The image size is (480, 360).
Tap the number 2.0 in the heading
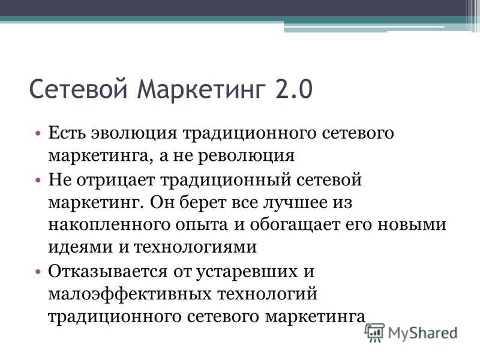click(x=294, y=89)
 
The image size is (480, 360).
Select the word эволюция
click(x=134, y=133)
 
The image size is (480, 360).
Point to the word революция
click(x=246, y=156)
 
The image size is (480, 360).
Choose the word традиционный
click(x=226, y=180)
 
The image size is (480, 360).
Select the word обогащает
click(x=295, y=224)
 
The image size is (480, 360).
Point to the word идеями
click(x=80, y=247)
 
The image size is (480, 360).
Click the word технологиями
click(x=196, y=247)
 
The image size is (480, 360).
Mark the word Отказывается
click(x=108, y=272)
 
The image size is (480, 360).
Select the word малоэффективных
click(x=130, y=294)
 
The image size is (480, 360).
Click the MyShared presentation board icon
click(x=376, y=332)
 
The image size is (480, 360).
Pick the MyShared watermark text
click(x=422, y=333)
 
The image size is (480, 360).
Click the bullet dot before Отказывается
click(x=38, y=272)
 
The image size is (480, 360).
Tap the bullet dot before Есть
click(x=38, y=133)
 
